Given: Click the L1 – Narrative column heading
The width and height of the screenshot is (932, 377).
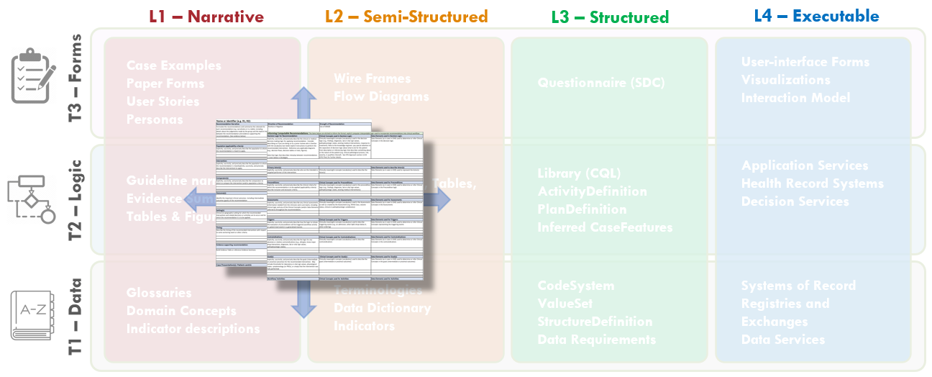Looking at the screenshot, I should tap(206, 16).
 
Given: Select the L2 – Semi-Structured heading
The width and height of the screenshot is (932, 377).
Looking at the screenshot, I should tap(406, 16).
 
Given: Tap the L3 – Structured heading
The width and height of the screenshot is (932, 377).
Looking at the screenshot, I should tap(610, 17).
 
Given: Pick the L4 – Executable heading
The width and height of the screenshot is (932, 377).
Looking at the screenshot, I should tap(816, 16).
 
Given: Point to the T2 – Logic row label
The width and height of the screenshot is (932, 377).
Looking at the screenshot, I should tap(76, 199).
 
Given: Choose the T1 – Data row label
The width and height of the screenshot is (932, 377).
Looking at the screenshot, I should tap(76, 314).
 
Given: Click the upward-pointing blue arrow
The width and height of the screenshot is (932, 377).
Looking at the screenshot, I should tap(305, 102).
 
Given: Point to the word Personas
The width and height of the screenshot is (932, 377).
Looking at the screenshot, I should tap(155, 119).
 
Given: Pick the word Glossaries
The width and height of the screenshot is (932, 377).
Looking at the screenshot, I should tap(159, 293).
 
